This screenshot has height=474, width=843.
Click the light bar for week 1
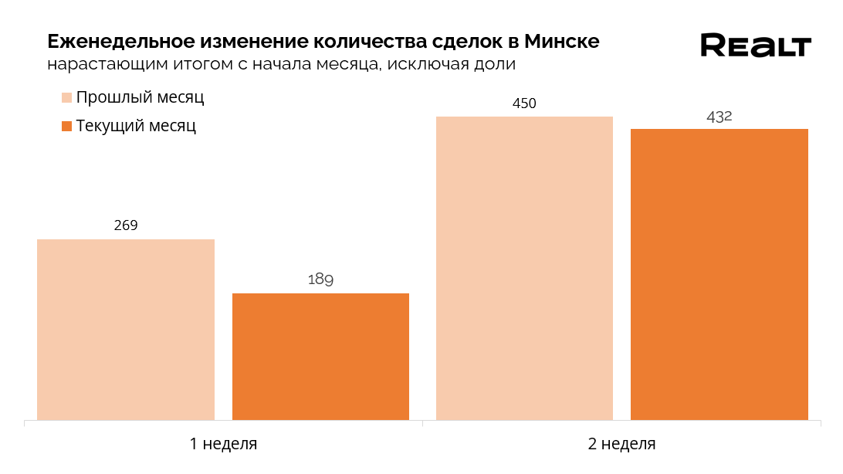click(126, 330)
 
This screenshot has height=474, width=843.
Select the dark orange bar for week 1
click(320, 357)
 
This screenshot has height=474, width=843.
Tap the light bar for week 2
click(524, 268)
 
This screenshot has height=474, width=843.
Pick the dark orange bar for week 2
click(719, 274)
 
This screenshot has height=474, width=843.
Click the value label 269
click(126, 225)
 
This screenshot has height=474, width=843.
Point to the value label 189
click(320, 279)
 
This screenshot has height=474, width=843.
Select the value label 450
click(524, 103)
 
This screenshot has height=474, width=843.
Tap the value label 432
click(719, 117)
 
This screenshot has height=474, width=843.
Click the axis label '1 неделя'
click(224, 444)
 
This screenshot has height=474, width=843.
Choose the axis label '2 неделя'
click(622, 444)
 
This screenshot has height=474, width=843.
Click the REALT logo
click(756, 46)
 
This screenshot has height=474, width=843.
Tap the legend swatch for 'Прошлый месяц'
click(66, 98)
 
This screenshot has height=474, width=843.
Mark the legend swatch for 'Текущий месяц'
click(66, 126)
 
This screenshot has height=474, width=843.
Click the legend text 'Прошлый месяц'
click(140, 98)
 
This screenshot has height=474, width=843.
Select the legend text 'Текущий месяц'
click(136, 126)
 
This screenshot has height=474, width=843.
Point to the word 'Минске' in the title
click(561, 41)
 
